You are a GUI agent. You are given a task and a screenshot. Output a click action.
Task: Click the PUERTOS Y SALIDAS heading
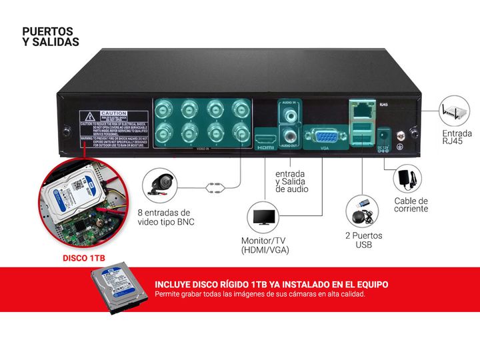point(51,37)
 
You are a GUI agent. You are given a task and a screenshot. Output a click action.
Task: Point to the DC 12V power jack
point(383,133)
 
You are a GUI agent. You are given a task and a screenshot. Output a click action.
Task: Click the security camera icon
point(161,183)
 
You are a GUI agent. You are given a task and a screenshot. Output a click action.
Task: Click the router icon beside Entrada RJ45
point(453,111)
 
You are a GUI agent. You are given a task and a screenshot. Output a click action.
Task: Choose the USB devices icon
point(363,212)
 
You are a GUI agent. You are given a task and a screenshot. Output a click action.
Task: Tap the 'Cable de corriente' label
point(411,205)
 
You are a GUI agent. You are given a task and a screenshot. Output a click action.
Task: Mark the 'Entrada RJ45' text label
point(457,137)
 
